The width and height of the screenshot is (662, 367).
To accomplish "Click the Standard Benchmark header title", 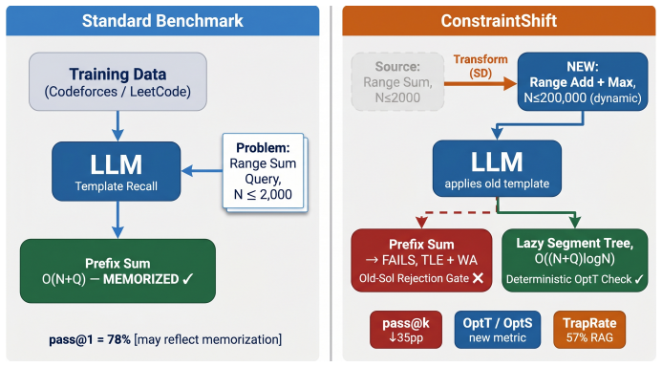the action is coord(162,21).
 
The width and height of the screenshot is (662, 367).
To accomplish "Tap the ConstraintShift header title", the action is coord(499,21).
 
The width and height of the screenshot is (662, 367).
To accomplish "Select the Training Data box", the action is coord(117,81).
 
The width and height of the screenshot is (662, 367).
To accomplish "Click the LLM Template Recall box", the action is coord(117,171).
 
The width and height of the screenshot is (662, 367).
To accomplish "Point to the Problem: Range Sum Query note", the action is coord(264,171).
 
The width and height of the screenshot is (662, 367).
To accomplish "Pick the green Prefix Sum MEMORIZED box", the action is coord(117,270).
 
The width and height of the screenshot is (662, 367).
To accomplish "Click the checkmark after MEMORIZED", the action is coord(188,279).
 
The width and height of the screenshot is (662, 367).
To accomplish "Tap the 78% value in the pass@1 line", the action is coord(119,339).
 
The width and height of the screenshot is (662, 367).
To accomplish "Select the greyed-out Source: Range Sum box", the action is coord(397,82).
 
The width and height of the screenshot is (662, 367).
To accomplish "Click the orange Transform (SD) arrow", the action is coord(480,83).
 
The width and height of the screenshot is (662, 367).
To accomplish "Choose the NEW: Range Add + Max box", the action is coord(583,81).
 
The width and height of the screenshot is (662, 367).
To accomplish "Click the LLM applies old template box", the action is coord(497,168).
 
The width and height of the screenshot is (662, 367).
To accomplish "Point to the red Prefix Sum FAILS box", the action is coord(421,261).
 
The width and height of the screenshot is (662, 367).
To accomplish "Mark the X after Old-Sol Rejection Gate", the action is coord(478,278).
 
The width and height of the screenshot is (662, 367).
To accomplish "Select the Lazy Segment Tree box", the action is coord(575,261).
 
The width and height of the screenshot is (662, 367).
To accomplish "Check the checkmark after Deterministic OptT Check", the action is coord(639,279).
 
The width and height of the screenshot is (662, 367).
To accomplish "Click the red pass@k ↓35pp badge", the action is coord(406,330).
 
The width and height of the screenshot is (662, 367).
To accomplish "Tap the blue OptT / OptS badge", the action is coord(498,330).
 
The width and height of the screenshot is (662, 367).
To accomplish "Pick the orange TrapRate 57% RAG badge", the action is coord(589,330).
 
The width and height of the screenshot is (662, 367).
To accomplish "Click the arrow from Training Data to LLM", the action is coord(117,126).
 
